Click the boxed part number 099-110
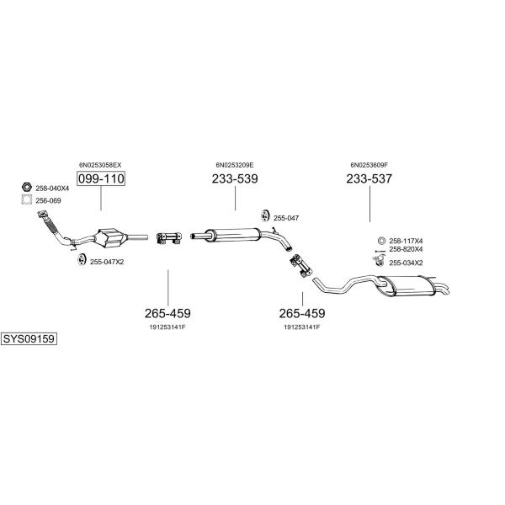101,178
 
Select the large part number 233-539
235,178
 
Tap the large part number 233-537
369,178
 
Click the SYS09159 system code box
29,339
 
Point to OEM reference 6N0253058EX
100,165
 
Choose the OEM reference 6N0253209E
235,165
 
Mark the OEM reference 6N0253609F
369,165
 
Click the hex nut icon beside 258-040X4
27,187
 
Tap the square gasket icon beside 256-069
27,199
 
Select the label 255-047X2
107,262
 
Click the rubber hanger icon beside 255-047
265,215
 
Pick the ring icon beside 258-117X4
381,241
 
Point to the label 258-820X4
406,249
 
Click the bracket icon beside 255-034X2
379,260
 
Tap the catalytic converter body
111,239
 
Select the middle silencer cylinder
232,234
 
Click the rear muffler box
407,286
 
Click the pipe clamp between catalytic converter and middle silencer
169,237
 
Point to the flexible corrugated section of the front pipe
51,224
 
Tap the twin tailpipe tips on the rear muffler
443,288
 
